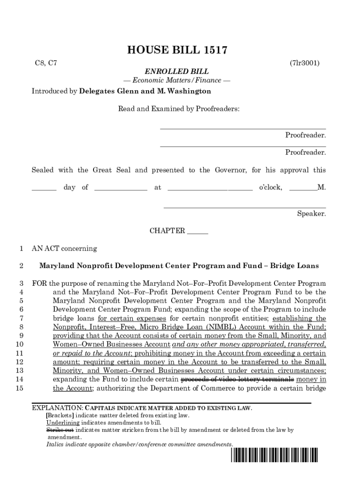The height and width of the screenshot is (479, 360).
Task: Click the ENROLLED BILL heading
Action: click(176, 72)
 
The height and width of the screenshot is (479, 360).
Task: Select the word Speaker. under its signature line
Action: click(311, 214)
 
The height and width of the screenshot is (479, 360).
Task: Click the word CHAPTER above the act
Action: click(167, 231)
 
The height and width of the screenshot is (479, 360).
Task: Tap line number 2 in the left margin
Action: click(21, 266)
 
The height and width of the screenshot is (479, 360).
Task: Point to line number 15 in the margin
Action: click(20, 388)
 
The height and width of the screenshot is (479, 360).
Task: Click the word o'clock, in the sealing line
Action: click(270, 188)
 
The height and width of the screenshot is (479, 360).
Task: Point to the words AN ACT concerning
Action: click(64, 248)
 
